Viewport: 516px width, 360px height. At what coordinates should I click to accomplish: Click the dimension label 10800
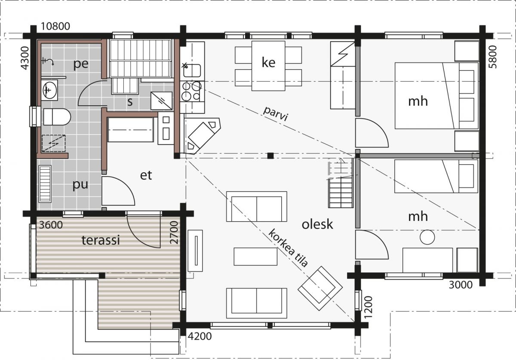pos(55,27)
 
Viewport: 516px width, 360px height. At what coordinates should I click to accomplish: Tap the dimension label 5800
pos(493,57)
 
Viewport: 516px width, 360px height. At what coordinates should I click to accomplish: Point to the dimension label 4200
pos(200,336)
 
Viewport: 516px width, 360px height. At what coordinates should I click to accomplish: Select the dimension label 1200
pos(369,307)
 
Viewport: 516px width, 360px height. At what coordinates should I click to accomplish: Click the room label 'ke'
pos(268,62)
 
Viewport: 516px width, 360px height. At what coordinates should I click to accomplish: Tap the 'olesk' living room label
pos(317,224)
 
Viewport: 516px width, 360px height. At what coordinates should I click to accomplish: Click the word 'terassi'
pos(101,240)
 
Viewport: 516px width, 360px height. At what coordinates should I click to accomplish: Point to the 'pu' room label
pos(80,185)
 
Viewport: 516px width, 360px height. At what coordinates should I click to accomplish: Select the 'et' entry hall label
pos(146,175)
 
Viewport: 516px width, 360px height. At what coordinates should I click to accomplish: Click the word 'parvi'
pos(276,113)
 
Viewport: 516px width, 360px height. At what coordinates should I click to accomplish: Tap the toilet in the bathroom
pos(57,117)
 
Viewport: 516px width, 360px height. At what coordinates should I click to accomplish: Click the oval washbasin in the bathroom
pos(50,90)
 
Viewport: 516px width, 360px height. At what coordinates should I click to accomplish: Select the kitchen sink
pos(192,70)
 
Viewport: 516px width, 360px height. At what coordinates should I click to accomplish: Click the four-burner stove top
pos(192,92)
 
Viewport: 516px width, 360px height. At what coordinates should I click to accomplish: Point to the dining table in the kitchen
pos(268,66)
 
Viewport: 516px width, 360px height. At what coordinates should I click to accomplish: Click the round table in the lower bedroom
pos(427,237)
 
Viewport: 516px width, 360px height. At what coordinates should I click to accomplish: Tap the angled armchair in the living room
pos(320,288)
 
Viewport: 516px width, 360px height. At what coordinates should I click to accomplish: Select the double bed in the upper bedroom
pos(436,95)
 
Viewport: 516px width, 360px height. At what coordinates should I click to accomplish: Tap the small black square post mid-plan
pos(270,156)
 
